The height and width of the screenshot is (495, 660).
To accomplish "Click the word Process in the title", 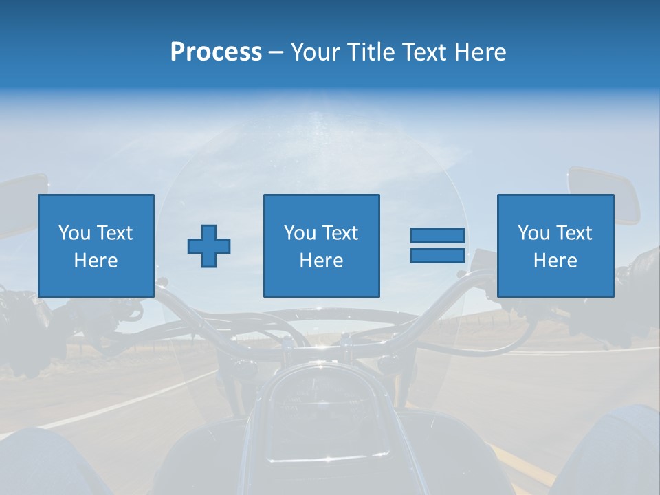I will click(216, 52).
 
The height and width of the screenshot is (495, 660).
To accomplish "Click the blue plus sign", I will click(209, 245).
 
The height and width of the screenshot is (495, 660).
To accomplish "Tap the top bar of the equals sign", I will click(437, 235).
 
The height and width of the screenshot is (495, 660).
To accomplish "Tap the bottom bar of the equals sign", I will click(437, 255).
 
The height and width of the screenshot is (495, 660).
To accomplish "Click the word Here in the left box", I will click(96, 261).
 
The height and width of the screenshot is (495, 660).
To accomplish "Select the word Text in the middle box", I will click(342, 233).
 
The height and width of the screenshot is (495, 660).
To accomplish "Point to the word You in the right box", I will click(534, 233).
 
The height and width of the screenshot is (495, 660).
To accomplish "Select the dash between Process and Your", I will click(276, 52).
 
